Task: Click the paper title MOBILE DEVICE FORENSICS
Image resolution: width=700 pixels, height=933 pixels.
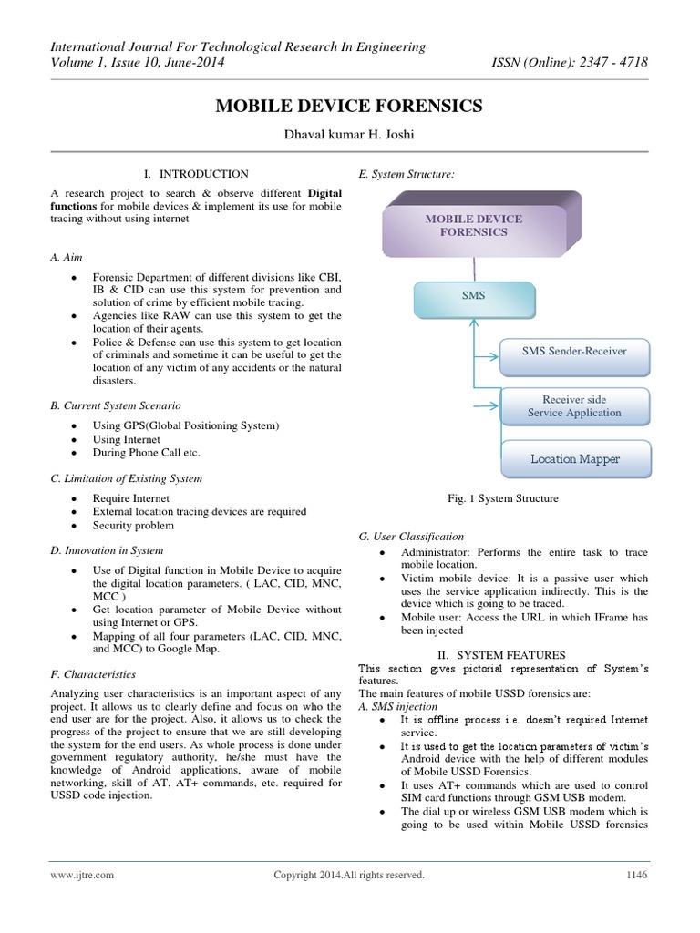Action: tap(349, 108)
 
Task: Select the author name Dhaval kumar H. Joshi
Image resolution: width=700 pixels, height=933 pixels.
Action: tap(349, 136)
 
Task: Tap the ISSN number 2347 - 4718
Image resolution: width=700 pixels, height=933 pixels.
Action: tap(619, 63)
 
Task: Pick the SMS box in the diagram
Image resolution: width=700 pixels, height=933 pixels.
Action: tap(473, 296)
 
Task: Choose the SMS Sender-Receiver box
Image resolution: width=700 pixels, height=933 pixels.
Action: tap(574, 351)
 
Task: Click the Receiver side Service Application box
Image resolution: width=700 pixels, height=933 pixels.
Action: tap(574, 406)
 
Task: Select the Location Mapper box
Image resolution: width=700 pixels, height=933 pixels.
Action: tap(574, 459)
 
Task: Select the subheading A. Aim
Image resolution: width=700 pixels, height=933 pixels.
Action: tap(66, 258)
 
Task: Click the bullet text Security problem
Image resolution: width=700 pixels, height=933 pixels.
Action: tap(133, 526)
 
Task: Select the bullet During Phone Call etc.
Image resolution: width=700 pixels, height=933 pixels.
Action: tap(146, 453)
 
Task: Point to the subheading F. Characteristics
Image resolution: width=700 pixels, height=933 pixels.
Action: tap(93, 675)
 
